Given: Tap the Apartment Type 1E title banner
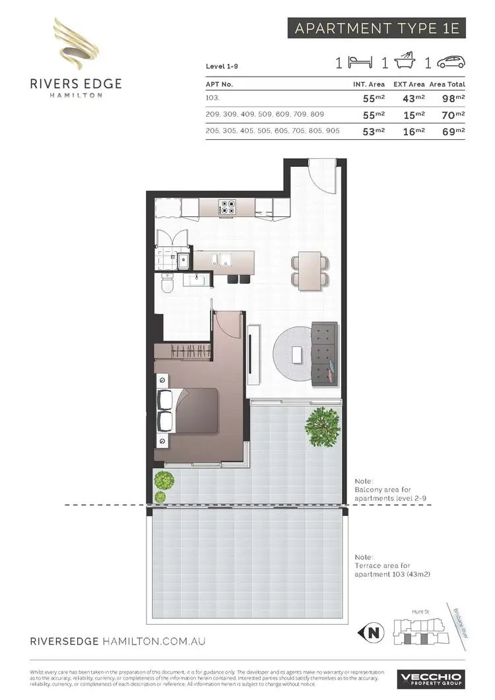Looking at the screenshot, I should tap(377, 29).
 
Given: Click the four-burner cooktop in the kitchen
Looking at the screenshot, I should tap(228, 208).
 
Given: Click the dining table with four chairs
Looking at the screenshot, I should tap(310, 271).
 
